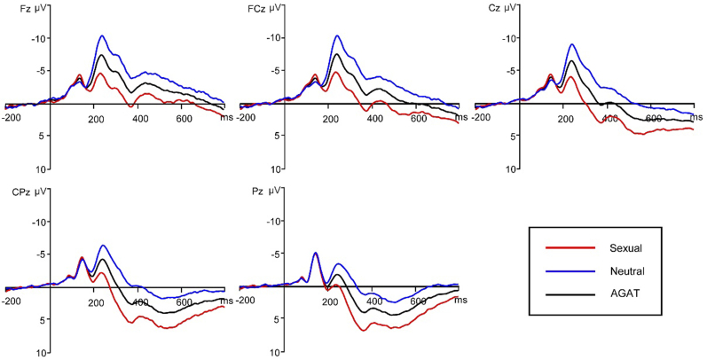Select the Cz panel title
pyautogui.click(x=484, y=7)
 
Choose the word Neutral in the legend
pyautogui.click(x=626, y=270)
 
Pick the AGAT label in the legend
pyautogui.click(x=625, y=293)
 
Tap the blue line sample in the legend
pyautogui.click(x=568, y=270)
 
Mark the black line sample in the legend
pyautogui.click(x=568, y=293)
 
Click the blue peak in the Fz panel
pyautogui.click(x=102, y=36)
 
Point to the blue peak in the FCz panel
pyautogui.click(x=337, y=36)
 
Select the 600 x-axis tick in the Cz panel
pyautogui.click(x=654, y=118)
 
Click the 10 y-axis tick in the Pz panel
pyautogui.click(x=278, y=352)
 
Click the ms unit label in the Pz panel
pyautogui.click(x=460, y=301)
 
